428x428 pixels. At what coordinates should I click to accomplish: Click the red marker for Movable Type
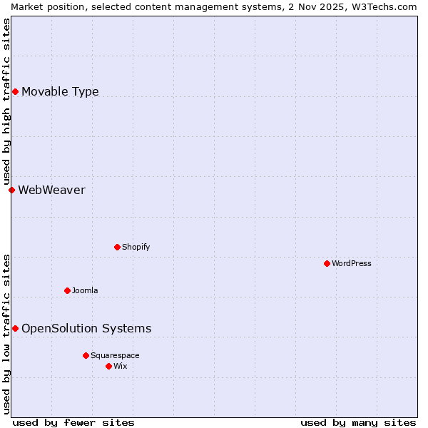click(15, 91)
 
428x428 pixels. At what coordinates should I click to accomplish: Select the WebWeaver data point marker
click(11, 190)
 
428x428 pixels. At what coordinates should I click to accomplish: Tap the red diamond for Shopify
click(117, 247)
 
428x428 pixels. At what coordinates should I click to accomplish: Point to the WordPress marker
click(327, 263)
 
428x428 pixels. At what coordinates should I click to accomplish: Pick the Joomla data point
click(67, 290)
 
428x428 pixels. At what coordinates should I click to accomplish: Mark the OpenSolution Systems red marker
click(15, 328)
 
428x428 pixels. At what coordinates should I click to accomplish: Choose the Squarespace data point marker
click(86, 355)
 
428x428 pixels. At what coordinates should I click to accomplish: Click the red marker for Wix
click(108, 366)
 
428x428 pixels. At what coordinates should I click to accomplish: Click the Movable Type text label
click(60, 91)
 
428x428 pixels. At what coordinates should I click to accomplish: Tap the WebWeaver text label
click(51, 190)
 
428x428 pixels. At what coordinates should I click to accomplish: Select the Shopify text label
click(136, 247)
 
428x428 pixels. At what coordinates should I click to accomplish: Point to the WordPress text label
click(352, 263)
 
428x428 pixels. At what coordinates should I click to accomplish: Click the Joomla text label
click(85, 290)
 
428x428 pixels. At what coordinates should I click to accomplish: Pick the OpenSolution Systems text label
click(86, 328)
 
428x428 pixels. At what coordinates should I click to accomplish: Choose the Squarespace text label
click(115, 355)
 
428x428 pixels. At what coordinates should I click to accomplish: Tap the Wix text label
click(121, 366)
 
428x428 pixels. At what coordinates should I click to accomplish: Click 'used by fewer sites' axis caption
click(73, 422)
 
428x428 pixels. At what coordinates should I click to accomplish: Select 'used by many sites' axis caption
click(358, 422)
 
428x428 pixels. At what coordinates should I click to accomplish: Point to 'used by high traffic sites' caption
click(6, 101)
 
